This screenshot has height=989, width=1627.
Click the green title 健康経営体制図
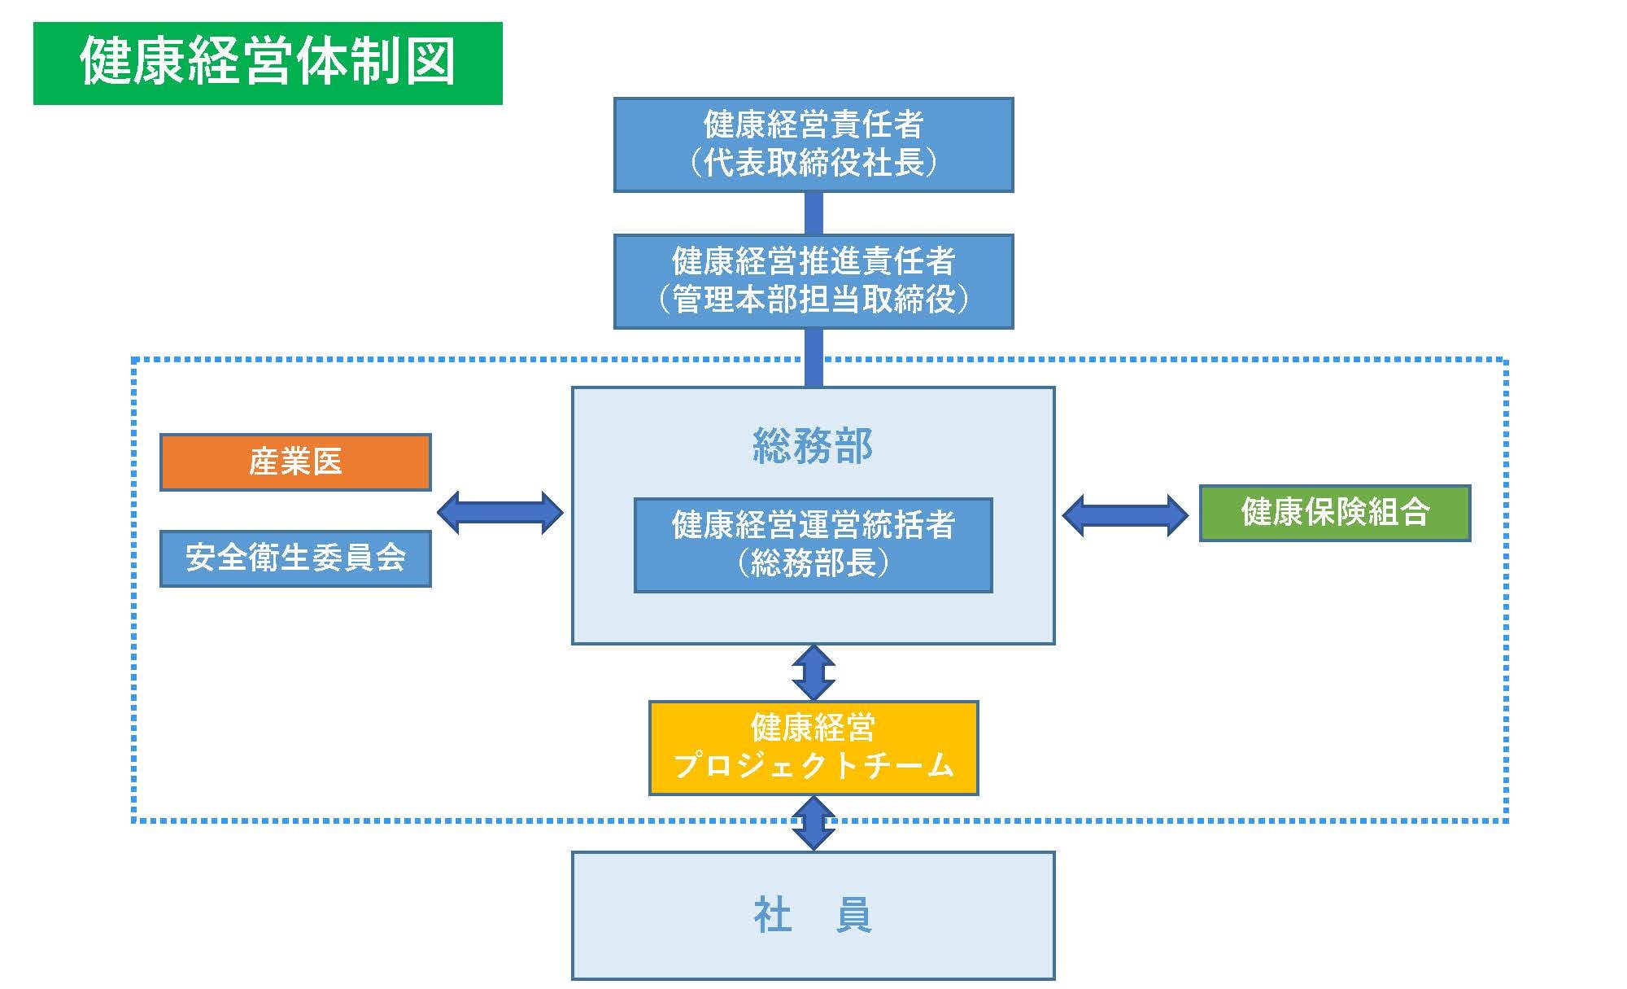click(x=268, y=63)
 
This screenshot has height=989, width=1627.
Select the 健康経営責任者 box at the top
click(x=813, y=145)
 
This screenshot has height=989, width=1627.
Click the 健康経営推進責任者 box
click(x=813, y=282)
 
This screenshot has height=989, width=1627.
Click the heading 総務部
click(x=813, y=446)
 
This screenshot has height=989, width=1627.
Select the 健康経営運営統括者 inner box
click(x=813, y=545)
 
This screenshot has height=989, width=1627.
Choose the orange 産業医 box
click(x=295, y=462)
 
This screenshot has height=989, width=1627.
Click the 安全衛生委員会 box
click(x=295, y=558)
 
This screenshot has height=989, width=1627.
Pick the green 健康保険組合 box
click(x=1335, y=513)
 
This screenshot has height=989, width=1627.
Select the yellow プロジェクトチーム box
click(x=813, y=748)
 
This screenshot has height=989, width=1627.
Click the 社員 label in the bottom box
click(x=813, y=916)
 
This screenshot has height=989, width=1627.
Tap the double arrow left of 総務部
click(x=500, y=513)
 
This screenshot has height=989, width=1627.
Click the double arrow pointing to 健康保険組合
click(x=1126, y=515)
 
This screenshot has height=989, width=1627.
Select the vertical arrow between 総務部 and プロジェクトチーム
click(x=813, y=672)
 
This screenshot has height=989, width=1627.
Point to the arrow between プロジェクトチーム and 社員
click(x=813, y=823)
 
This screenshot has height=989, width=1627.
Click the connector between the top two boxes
click(x=813, y=213)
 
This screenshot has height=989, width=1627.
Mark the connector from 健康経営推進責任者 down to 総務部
click(x=813, y=358)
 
